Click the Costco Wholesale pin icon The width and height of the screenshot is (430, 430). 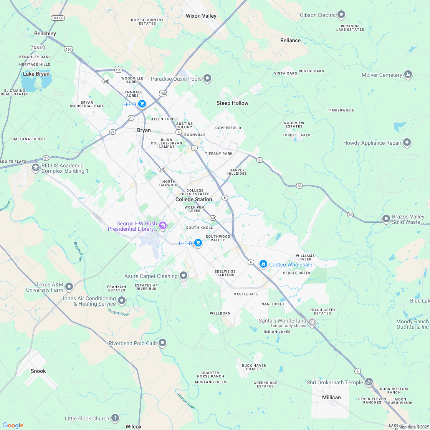click(x=263, y=264)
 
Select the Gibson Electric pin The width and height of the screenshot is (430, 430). click(x=341, y=15)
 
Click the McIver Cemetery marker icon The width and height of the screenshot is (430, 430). click(x=408, y=74)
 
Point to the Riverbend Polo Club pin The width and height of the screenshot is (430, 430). click(x=163, y=342)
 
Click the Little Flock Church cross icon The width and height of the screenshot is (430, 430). click(x=115, y=418)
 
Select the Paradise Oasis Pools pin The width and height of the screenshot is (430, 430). click(x=207, y=79)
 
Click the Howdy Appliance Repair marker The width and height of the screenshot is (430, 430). click(x=407, y=143)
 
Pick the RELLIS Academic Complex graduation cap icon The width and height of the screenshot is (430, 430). click(x=35, y=168)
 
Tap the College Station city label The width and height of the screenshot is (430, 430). click(x=193, y=200)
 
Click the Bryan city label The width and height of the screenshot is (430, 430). click(x=144, y=131)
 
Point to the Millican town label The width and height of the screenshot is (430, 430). click(x=331, y=397)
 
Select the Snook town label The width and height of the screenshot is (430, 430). click(x=38, y=371)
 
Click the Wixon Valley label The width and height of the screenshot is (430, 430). click(x=201, y=16)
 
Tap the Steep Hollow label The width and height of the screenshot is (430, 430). click(x=232, y=103)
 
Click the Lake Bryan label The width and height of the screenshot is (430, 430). click(x=36, y=74)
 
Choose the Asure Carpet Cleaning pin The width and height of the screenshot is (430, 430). click(x=184, y=276)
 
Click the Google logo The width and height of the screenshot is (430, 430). click(x=13, y=425)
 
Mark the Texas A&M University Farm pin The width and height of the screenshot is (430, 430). click(x=69, y=286)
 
